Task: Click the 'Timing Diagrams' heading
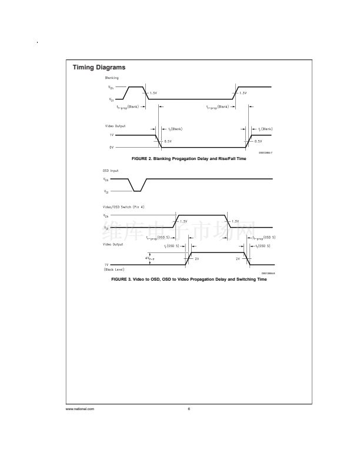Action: click(99, 68)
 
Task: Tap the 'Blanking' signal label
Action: click(112, 78)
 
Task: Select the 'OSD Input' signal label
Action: click(111, 171)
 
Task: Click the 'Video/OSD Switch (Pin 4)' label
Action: click(124, 208)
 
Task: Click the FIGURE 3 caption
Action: click(189, 279)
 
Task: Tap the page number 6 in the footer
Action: click(189, 409)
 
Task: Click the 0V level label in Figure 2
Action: click(111, 147)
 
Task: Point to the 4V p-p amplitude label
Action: click(149, 258)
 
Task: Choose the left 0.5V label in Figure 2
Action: click(168, 141)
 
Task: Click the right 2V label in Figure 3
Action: click(238, 258)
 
